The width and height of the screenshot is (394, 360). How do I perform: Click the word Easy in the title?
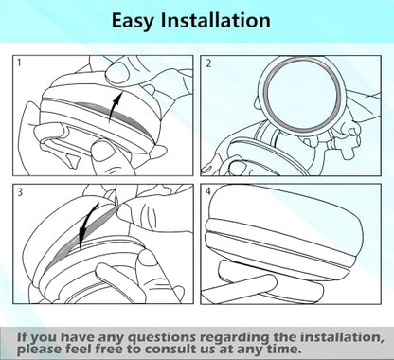pos(133,21)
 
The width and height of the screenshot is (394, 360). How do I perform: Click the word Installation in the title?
pos(216,20)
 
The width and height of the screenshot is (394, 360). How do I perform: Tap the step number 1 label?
pos(19,63)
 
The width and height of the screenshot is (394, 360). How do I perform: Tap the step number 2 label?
pos(208,63)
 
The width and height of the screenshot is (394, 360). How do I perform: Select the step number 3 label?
pos(20,191)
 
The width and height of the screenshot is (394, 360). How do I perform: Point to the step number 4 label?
pos(208,191)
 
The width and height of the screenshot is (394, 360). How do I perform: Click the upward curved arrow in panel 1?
pos(115,107)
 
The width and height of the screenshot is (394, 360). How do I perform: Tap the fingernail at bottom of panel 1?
pos(103,152)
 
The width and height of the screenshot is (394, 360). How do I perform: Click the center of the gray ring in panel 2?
pos(302,95)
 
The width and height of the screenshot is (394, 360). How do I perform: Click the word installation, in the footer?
pos(342,337)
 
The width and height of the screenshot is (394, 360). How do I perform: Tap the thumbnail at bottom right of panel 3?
pos(147,258)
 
